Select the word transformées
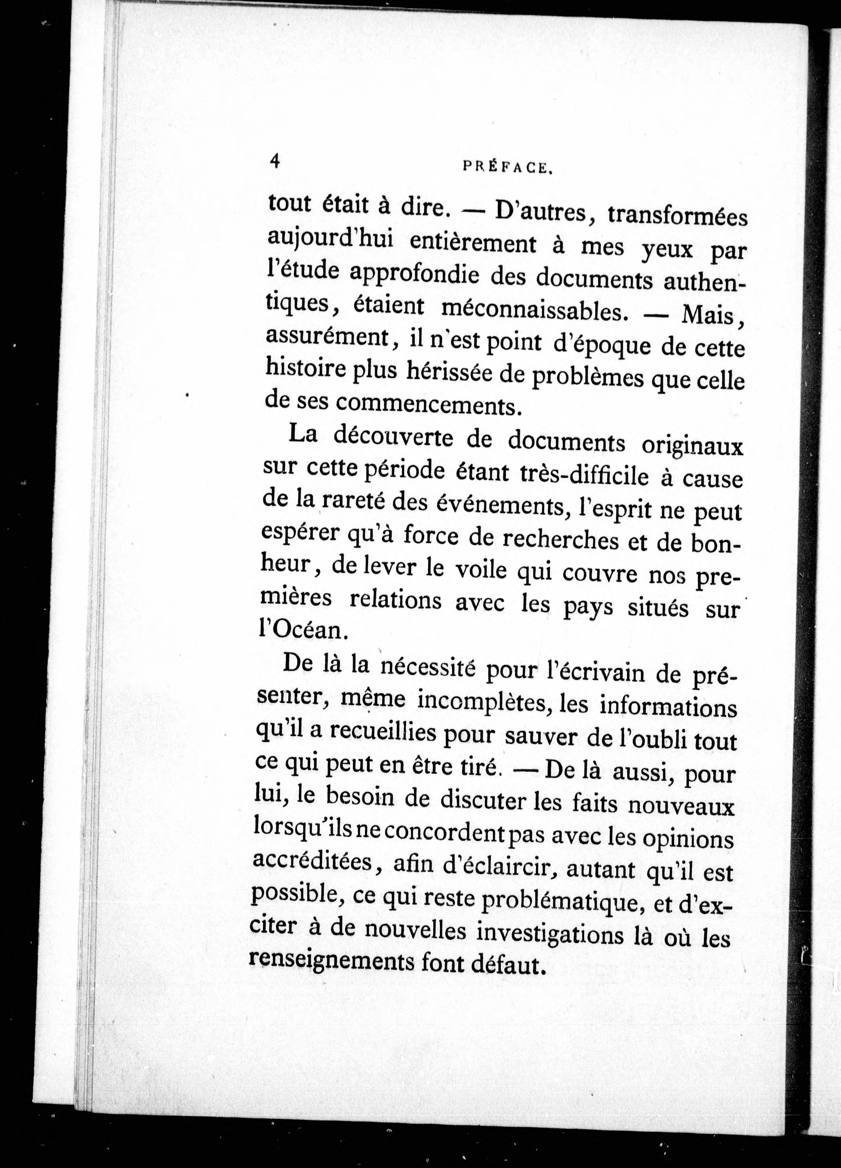(x=677, y=216)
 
